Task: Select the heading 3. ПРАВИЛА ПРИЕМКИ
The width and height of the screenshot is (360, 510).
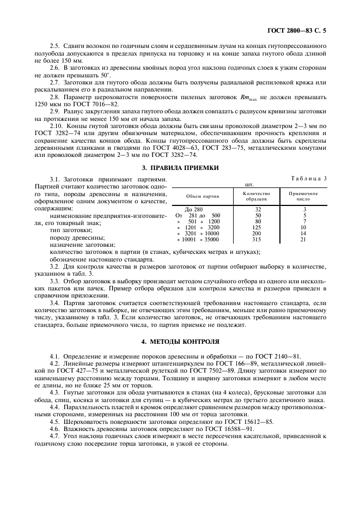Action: [180, 168]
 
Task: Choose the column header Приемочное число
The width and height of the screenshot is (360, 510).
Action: [303, 196]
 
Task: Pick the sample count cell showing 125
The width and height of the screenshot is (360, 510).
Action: [258, 227]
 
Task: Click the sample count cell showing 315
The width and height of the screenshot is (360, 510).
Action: [258, 239]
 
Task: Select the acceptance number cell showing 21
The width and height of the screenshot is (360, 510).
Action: [304, 239]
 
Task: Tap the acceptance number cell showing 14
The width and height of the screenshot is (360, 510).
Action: [304, 233]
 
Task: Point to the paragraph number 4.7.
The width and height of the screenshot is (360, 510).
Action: [55, 436]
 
